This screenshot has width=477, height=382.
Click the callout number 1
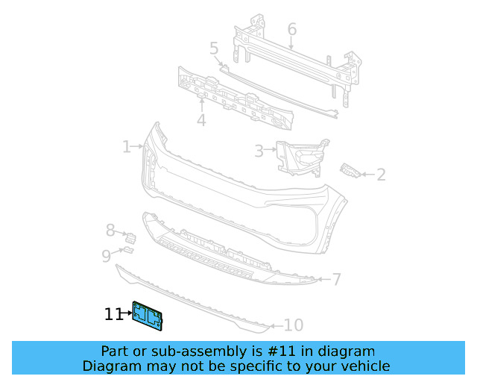tap(126, 147)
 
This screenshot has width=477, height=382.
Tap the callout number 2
tap(381, 175)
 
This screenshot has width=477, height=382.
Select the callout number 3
tap(259, 151)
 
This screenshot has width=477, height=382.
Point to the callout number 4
tap(201, 120)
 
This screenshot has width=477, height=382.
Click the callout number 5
tap(214, 48)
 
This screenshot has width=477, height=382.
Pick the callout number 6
tap(291, 29)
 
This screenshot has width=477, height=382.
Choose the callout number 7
tap(337, 280)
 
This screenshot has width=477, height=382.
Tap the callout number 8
tap(110, 231)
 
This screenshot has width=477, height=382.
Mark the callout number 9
tap(107, 257)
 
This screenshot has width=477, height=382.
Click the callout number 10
tap(294, 325)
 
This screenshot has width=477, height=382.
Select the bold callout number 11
tap(113, 315)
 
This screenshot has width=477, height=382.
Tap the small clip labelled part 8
tap(133, 239)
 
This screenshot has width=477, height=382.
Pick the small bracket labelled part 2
tap(350, 171)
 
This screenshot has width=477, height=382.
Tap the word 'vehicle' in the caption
tap(366, 366)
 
